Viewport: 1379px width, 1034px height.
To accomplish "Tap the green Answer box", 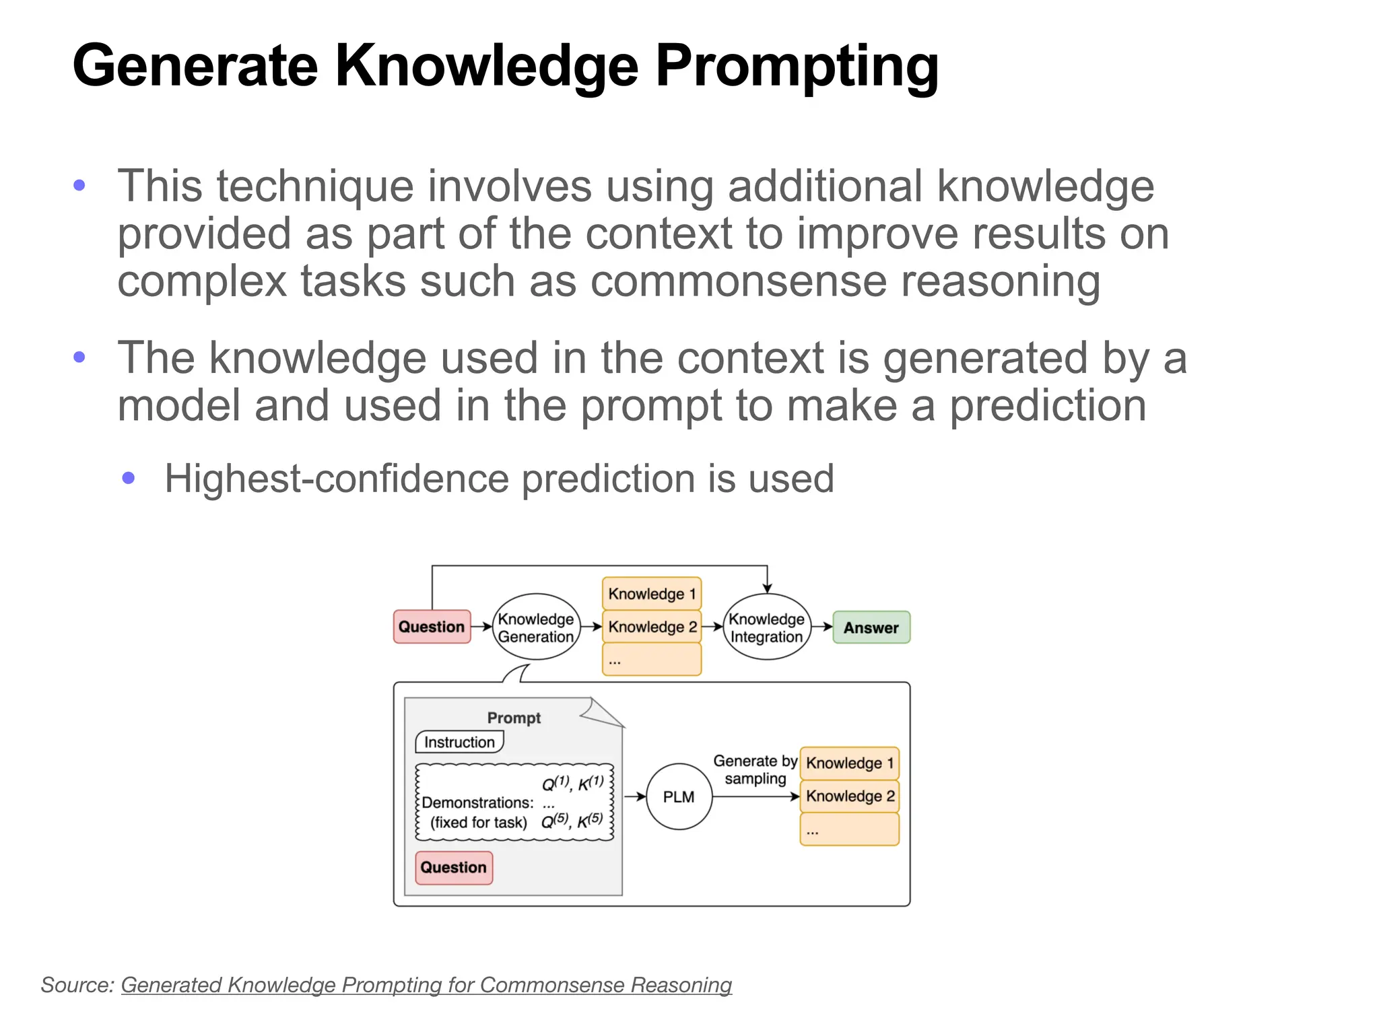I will (871, 627).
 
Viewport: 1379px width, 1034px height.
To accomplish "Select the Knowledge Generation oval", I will (536, 627).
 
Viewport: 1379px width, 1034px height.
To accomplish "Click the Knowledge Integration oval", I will (766, 627).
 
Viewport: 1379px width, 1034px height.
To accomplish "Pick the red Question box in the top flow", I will (432, 627).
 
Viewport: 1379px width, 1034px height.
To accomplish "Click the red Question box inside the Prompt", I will (453, 867).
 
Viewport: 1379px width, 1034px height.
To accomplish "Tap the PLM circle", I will (678, 796).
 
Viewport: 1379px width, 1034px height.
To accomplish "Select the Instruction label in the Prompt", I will (459, 742).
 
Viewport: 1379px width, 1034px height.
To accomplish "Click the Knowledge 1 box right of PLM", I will (849, 763).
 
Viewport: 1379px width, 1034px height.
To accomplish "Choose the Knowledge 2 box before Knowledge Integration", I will (651, 627).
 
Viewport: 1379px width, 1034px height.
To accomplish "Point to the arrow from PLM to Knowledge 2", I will (754, 796).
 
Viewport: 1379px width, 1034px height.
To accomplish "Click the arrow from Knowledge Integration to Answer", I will (821, 627).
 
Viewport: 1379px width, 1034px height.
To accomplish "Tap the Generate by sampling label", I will (755, 769).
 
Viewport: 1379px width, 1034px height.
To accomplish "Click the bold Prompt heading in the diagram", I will (514, 718).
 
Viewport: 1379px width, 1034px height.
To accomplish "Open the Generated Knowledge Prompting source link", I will (426, 985).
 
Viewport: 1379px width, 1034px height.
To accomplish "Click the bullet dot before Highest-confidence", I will (129, 479).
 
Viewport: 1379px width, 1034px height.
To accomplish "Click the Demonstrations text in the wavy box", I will (477, 802).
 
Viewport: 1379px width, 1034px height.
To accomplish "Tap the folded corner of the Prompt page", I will (601, 712).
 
